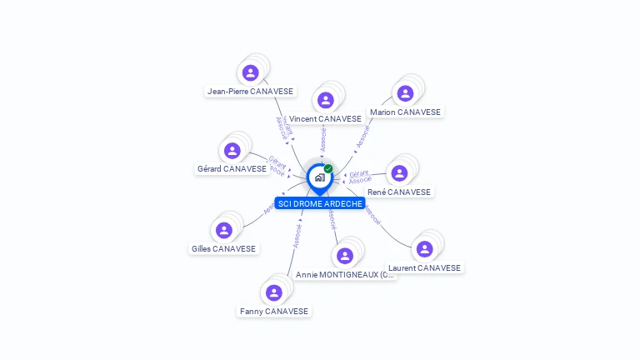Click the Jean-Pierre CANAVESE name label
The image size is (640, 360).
[251, 91]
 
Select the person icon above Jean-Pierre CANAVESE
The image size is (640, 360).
[251, 72]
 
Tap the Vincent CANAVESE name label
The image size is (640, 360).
[325, 119]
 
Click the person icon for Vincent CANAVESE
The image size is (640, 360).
[326, 100]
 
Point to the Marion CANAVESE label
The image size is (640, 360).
[406, 112]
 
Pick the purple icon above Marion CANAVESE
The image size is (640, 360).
[405, 93]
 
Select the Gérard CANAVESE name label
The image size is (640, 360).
[232, 169]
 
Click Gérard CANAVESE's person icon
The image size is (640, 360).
[232, 151]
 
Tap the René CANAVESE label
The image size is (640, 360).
[399, 192]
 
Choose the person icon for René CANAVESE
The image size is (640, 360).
[399, 172]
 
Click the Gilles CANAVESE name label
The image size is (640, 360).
[223, 248]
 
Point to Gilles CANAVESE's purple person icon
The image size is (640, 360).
[223, 230]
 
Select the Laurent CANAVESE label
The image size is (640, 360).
[424, 267]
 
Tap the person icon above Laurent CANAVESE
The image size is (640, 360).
[424, 249]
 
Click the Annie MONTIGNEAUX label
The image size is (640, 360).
[345, 274]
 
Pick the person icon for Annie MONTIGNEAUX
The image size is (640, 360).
[345, 256]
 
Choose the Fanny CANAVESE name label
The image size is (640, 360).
[274, 311]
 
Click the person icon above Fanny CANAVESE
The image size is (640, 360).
[273, 292]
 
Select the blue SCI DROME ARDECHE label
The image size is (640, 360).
[320, 203]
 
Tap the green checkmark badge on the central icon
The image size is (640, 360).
[328, 169]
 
